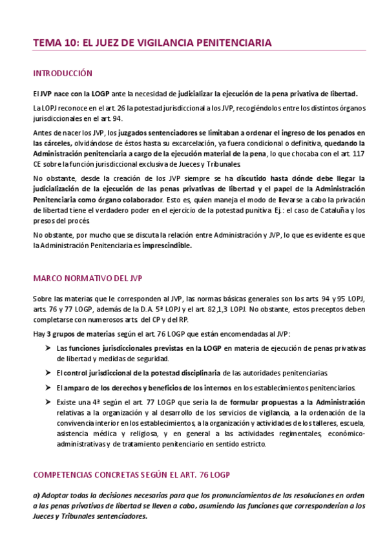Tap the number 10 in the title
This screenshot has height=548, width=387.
point(67,43)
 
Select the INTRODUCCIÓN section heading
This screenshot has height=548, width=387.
point(63,74)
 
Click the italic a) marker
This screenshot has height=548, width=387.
point(36,494)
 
